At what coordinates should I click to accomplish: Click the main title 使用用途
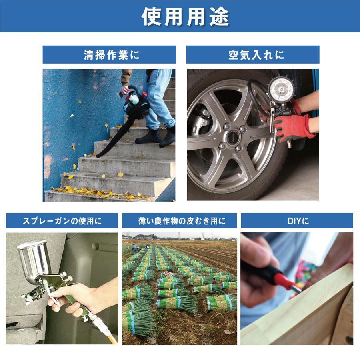pos(180,16)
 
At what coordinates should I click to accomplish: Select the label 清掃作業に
pos(109,55)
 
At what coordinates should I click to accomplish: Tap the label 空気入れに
pos(252,55)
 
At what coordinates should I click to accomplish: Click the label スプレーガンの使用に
pos(62,220)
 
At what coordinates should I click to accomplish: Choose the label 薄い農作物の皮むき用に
pos(179,220)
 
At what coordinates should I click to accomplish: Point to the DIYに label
pos(296,220)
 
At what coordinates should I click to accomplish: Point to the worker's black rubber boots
pos(158,136)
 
